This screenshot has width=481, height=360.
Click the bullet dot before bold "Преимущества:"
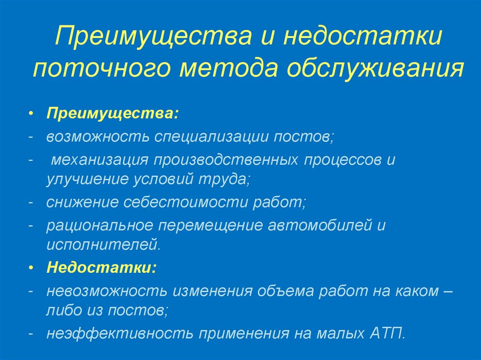tap(31, 115)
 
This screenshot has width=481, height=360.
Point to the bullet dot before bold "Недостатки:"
tap(31, 268)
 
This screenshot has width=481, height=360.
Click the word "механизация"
tap(97, 160)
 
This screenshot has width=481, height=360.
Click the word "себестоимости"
tap(186, 202)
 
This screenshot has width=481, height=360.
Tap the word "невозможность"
tap(106, 291)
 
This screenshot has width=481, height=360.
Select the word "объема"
tap(285, 291)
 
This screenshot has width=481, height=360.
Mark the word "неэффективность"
tap(120, 333)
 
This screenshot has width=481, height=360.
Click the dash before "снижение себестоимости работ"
tap(31, 202)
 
